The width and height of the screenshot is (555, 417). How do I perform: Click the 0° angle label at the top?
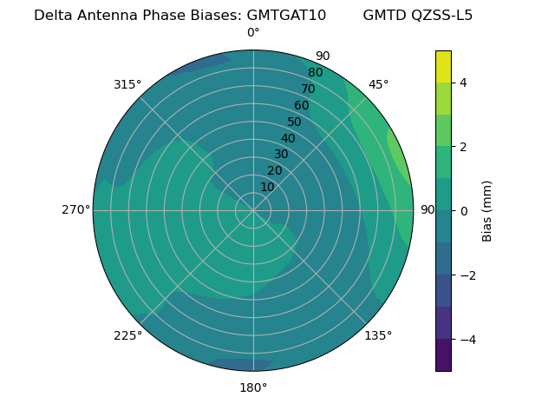[253, 33]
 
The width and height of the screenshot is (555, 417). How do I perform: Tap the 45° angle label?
[378, 84]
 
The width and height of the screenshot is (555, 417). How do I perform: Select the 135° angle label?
[378, 335]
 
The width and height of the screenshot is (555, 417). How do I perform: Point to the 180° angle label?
[253, 387]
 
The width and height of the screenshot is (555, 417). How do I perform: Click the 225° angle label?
[127, 336]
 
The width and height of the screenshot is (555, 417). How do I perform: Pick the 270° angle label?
[75, 209]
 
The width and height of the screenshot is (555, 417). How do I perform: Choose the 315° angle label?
[127, 84]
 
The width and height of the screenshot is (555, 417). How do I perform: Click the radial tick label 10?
[267, 187]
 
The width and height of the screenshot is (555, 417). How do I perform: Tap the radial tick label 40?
[288, 138]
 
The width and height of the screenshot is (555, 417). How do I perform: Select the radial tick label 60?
[302, 105]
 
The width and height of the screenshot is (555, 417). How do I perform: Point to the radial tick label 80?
[316, 72]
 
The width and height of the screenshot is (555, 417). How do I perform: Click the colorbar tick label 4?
[463, 83]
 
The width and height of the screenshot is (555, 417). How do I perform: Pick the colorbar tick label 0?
[463, 210]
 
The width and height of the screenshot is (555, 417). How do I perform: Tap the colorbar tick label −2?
[467, 275]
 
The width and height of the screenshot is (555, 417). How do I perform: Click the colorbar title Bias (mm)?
[487, 210]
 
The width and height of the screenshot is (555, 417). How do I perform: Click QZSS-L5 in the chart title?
[442, 15]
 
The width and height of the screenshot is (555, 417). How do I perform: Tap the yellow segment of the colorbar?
[443, 67]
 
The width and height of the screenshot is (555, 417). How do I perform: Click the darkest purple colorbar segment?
[443, 354]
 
